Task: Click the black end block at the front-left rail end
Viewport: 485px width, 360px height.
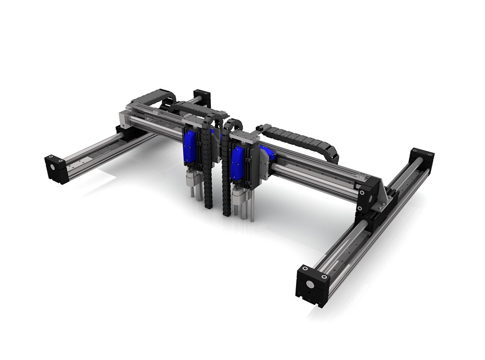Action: pyautogui.click(x=57, y=169)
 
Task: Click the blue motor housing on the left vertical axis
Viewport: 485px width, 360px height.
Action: pyautogui.click(x=190, y=147)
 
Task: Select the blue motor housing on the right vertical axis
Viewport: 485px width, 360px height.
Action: pyautogui.click(x=237, y=163)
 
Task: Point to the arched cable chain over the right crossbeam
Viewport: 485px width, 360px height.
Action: pyautogui.click(x=301, y=137)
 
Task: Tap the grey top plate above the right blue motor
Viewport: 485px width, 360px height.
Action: pyautogui.click(x=246, y=136)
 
